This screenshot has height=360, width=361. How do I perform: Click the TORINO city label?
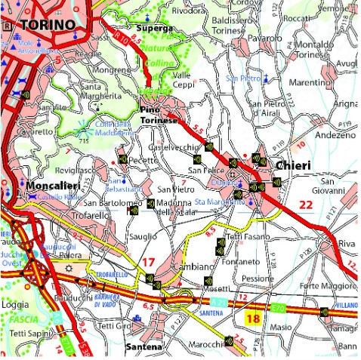pos(48,25)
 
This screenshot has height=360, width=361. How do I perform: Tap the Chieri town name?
pos(294,165)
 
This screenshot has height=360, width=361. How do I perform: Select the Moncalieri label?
pos(52,186)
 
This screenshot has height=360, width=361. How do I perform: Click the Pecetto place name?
pos(143,161)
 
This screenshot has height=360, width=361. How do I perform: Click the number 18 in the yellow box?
pos(252,320)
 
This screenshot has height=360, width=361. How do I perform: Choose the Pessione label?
pos(257,278)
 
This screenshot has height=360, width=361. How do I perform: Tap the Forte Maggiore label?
pos(326,286)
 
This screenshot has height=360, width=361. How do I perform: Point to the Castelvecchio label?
pos(172,147)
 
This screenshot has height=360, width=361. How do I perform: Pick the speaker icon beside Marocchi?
pos(229,340)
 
